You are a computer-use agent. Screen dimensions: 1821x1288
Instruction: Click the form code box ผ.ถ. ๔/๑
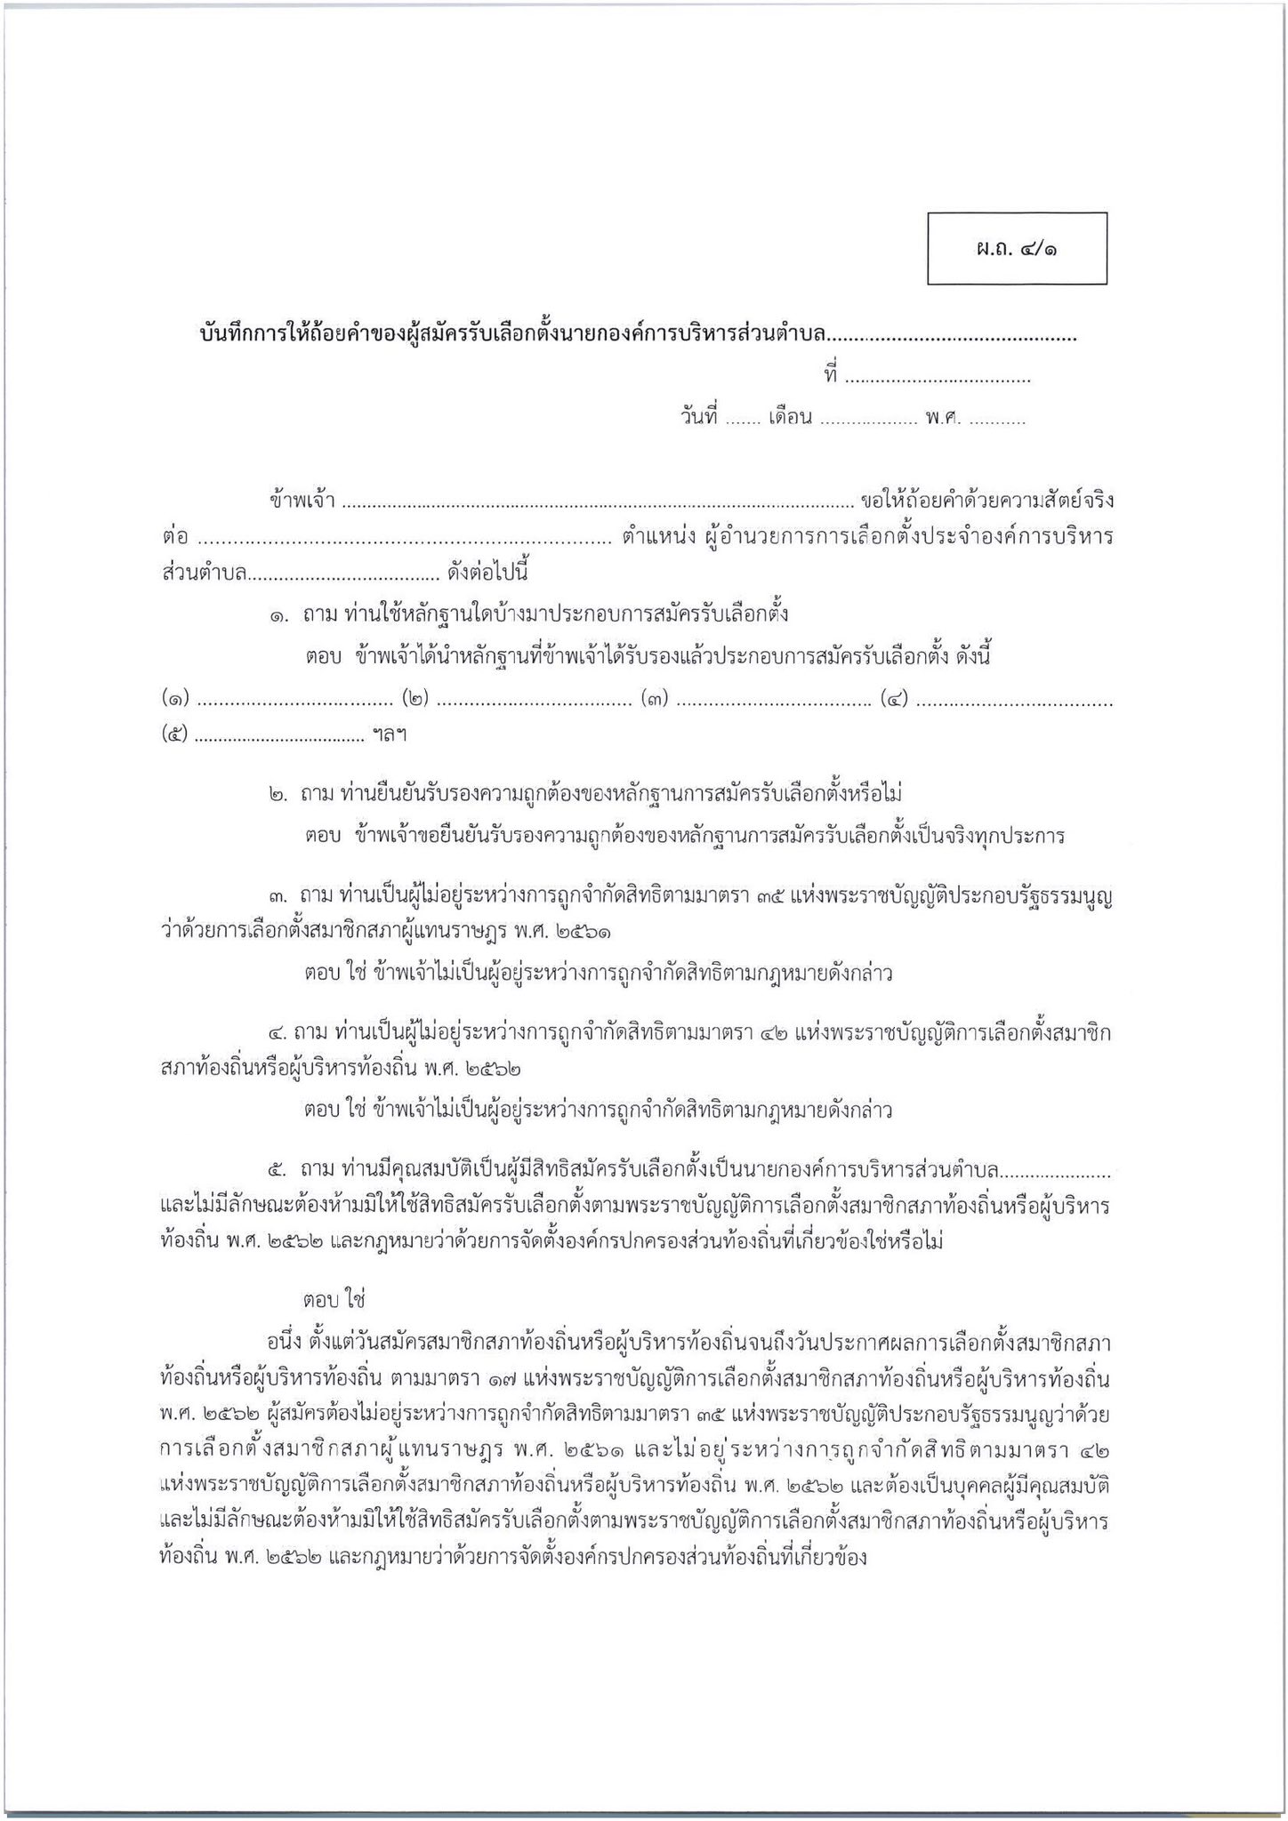(x=1017, y=249)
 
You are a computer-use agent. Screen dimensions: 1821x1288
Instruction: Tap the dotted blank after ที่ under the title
(x=937, y=379)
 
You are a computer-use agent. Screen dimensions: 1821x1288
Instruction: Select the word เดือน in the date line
(x=791, y=418)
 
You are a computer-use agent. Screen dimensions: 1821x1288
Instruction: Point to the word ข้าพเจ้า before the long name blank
(x=302, y=501)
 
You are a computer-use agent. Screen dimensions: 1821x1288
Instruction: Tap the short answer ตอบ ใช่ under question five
(x=334, y=1300)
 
